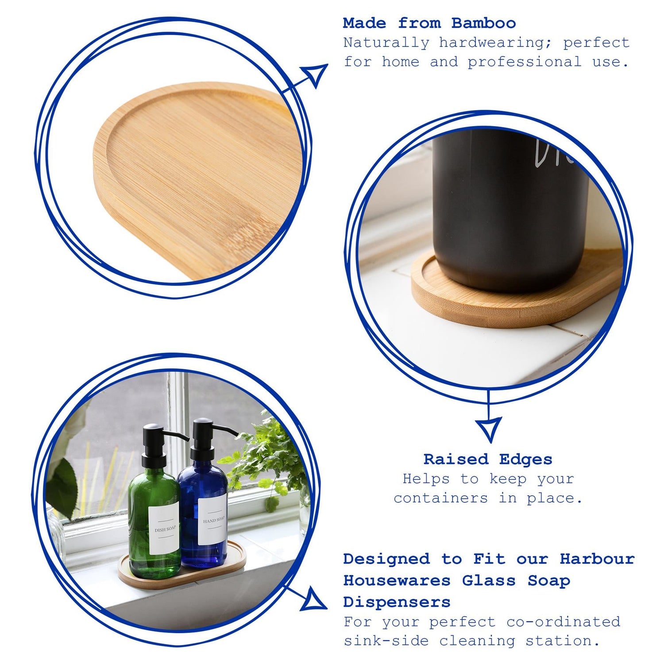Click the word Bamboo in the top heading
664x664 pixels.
click(483, 23)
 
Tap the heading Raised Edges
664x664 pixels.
click(488, 459)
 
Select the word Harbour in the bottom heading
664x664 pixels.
click(597, 559)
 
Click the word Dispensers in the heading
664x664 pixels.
click(397, 602)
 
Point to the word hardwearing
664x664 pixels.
click(495, 43)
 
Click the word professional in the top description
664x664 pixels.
click(525, 62)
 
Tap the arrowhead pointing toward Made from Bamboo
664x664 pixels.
click(316, 74)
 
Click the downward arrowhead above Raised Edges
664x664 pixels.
click(489, 429)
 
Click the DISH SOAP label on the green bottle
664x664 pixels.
click(164, 529)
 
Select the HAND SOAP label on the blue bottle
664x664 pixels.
click(213, 521)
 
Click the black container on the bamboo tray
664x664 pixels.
click(509, 212)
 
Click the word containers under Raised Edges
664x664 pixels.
click(441, 498)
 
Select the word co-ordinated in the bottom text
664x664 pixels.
click(563, 622)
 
